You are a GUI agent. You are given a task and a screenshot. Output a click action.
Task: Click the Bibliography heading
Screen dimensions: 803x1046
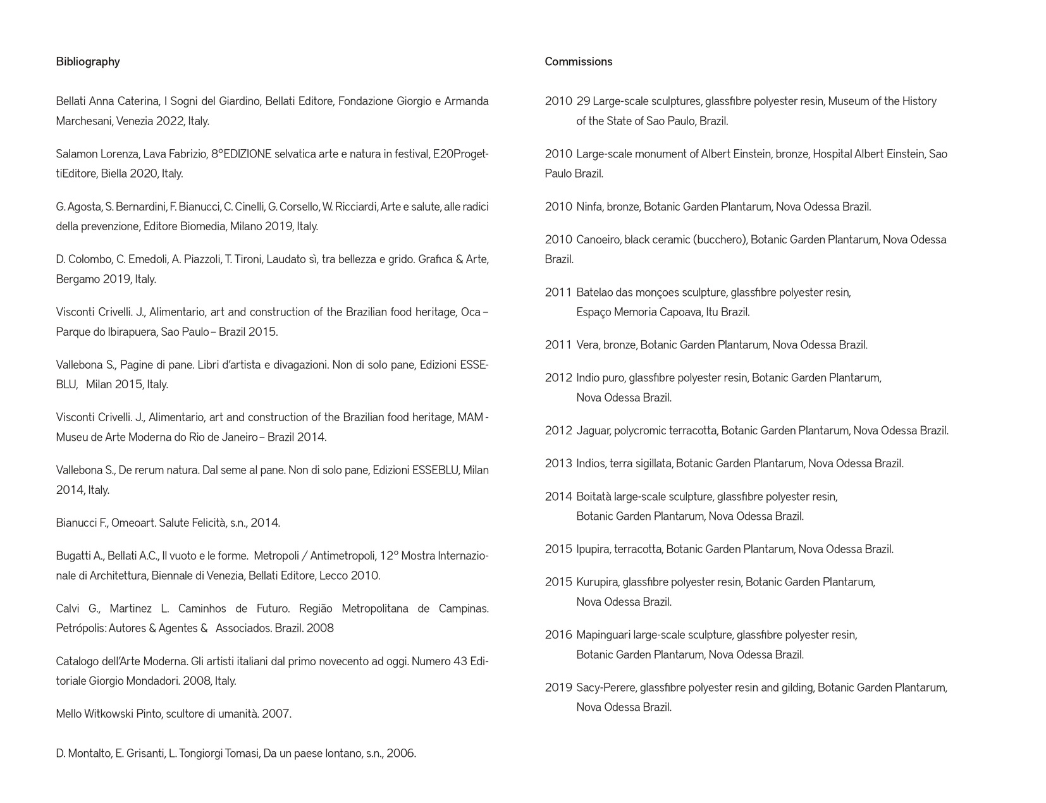coord(87,61)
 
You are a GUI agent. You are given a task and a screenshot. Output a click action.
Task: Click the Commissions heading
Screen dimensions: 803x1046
coord(578,61)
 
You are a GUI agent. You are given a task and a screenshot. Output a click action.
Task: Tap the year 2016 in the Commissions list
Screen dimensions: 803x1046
coord(558,634)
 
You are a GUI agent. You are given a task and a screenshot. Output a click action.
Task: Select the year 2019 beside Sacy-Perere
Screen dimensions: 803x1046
coord(558,687)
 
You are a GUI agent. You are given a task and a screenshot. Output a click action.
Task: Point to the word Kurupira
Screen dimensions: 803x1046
coord(597,582)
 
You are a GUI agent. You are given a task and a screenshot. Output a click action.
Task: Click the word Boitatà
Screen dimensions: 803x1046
coord(593,496)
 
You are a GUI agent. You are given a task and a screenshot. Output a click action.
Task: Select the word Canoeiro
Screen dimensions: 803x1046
coord(598,239)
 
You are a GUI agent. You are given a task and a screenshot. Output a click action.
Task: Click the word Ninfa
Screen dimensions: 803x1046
coord(588,206)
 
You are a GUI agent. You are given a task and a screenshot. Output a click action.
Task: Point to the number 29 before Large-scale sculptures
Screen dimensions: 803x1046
coord(582,101)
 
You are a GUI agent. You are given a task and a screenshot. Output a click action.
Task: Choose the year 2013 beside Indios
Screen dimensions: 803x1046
coord(558,463)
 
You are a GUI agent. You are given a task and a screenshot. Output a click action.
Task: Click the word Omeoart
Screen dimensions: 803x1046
coord(133,523)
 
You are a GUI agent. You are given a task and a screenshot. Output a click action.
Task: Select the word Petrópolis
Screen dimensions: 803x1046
coord(80,628)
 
